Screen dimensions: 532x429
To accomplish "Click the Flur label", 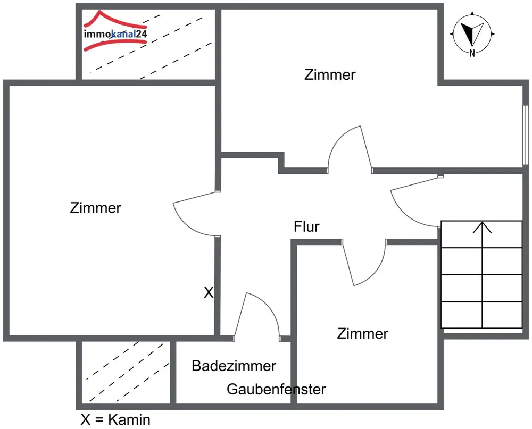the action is pyautogui.click(x=307, y=227).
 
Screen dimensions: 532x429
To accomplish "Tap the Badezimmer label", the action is pyautogui.click(x=234, y=366).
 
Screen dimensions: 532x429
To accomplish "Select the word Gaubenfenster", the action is pyautogui.click(x=276, y=389).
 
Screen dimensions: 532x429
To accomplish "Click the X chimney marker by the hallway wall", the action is pyautogui.click(x=209, y=292).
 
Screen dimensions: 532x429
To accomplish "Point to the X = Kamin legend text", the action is pyautogui.click(x=115, y=420).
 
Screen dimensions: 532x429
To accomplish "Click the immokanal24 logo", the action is pyautogui.click(x=115, y=31).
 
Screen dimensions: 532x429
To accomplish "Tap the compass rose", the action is pyautogui.click(x=472, y=33).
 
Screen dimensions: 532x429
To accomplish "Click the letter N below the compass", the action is pyautogui.click(x=472, y=53).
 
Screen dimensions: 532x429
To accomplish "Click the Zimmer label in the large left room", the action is pyautogui.click(x=95, y=208).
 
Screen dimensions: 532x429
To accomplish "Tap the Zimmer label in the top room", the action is pyautogui.click(x=330, y=75).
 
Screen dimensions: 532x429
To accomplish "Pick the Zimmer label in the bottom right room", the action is pyautogui.click(x=362, y=334).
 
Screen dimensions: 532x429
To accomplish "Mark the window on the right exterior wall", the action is pyautogui.click(x=525, y=136).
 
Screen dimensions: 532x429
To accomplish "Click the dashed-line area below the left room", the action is pyautogui.click(x=126, y=372).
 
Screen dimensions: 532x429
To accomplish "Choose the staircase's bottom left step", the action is pyautogui.click(x=461, y=315).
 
